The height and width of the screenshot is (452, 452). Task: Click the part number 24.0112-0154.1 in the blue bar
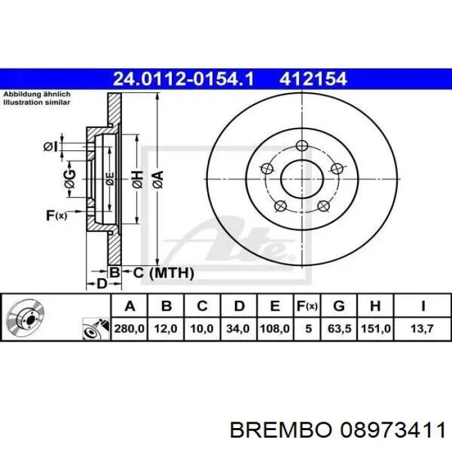click(x=183, y=79)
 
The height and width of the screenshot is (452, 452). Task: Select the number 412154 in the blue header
click(x=313, y=79)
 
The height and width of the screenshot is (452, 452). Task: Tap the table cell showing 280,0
click(x=129, y=329)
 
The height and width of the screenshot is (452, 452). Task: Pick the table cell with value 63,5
click(x=339, y=329)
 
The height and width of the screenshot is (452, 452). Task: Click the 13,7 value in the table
click(x=422, y=329)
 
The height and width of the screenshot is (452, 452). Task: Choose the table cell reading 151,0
click(x=376, y=329)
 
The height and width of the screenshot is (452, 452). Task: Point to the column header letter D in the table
click(x=239, y=306)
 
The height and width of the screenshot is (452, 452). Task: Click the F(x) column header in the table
click(x=307, y=306)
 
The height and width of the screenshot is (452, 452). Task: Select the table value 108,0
click(x=274, y=329)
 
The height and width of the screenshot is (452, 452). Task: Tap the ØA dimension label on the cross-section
click(x=158, y=180)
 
